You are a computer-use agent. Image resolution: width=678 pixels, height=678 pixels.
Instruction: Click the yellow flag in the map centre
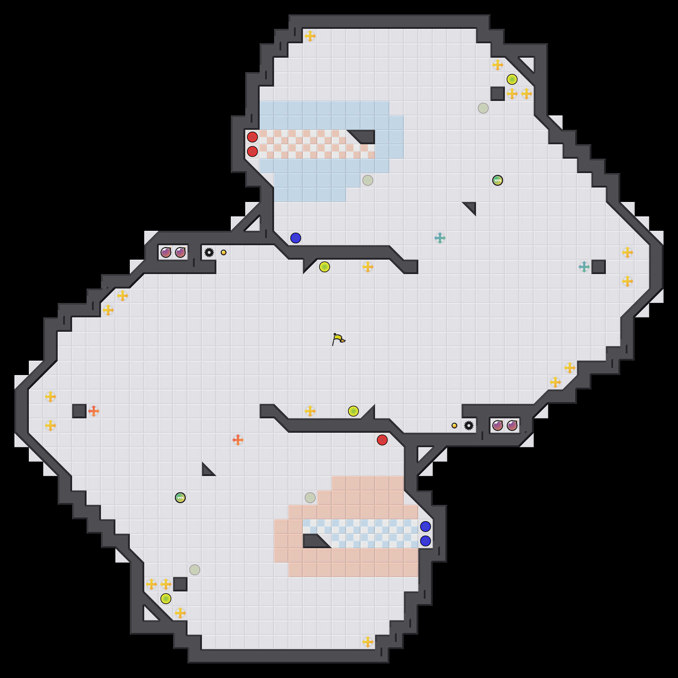pyautogui.click(x=338, y=339)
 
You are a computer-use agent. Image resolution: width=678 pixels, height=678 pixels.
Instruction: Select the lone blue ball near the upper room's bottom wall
pyautogui.click(x=296, y=238)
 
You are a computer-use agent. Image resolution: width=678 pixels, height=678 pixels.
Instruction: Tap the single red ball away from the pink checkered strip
pyautogui.click(x=382, y=440)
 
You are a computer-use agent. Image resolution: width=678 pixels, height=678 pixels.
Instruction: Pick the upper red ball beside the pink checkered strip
pyautogui.click(x=252, y=137)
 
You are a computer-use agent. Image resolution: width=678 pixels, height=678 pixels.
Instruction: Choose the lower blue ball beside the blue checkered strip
pyautogui.click(x=426, y=541)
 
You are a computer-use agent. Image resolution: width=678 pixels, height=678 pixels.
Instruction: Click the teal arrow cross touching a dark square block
pyautogui.click(x=584, y=267)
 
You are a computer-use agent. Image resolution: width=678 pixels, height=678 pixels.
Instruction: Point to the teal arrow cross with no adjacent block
pyautogui.click(x=440, y=238)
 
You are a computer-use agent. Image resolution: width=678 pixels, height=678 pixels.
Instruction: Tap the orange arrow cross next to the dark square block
pyautogui.click(x=94, y=411)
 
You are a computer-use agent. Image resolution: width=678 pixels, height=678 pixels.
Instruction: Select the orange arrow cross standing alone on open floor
pyautogui.click(x=238, y=440)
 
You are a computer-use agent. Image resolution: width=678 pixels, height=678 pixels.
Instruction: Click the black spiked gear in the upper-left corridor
pyautogui.click(x=209, y=252)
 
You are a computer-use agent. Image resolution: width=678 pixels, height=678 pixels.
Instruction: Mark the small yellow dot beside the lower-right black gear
pyautogui.click(x=454, y=426)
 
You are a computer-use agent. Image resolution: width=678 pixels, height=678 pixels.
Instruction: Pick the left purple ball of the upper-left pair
pyautogui.click(x=166, y=252)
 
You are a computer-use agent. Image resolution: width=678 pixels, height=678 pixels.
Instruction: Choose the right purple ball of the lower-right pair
pyautogui.click(x=512, y=426)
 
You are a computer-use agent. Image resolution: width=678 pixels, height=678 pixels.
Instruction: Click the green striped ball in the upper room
pyautogui.click(x=498, y=180)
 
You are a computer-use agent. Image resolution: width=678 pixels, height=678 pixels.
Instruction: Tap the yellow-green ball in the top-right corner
pyautogui.click(x=512, y=79)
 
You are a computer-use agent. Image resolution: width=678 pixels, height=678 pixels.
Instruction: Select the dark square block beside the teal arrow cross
pyautogui.click(x=599, y=267)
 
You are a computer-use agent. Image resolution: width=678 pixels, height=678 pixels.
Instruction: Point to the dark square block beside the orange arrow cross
pyautogui.click(x=79, y=411)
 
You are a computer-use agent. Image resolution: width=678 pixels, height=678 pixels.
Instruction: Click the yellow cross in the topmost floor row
pyautogui.click(x=310, y=36)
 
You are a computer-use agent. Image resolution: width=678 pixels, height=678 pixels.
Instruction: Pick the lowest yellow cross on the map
pyautogui.click(x=368, y=642)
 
